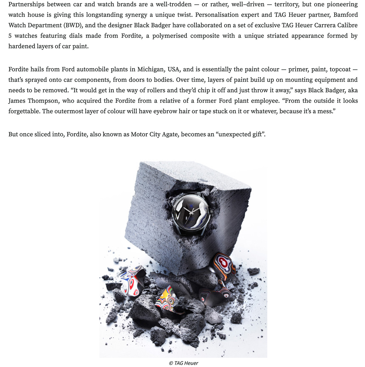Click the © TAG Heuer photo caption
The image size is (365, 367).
pos(183,363)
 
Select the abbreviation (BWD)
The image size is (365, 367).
pos(72,25)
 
